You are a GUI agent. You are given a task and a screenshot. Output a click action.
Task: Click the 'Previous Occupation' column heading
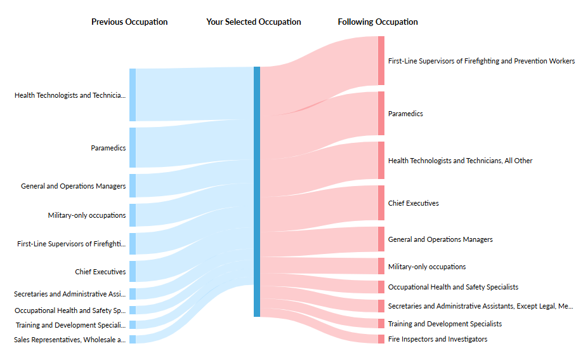pyautogui.click(x=129, y=22)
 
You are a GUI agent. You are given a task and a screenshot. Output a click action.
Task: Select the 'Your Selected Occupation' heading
pyautogui.click(x=254, y=22)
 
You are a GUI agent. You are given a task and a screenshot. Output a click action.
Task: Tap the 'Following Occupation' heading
pyautogui.click(x=377, y=22)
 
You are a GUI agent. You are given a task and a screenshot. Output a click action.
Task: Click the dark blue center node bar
pyautogui.click(x=257, y=191)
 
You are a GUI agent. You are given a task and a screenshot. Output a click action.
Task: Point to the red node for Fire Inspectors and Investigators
pyautogui.click(x=381, y=339)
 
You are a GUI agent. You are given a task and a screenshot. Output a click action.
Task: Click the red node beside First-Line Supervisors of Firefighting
pyautogui.click(x=381, y=60)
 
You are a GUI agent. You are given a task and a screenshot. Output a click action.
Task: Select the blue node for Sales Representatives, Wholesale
pyautogui.click(x=133, y=340)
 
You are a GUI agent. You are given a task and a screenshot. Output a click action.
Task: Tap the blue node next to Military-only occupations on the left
pyautogui.click(x=133, y=215)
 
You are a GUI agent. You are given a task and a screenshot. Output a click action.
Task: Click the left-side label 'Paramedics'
pyautogui.click(x=108, y=148)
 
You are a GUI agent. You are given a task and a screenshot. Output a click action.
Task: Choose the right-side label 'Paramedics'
pyautogui.click(x=405, y=114)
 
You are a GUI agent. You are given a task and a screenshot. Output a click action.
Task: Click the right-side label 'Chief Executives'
pyautogui.click(x=413, y=203)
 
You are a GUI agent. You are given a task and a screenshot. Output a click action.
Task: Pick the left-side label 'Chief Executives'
pyautogui.click(x=100, y=272)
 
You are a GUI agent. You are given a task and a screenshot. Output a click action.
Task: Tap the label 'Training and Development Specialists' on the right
pyautogui.click(x=445, y=324)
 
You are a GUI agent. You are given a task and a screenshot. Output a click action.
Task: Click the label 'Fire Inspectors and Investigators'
pyautogui.click(x=438, y=339)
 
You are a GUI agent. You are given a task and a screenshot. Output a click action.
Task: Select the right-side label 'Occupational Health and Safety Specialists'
pyautogui.click(x=453, y=287)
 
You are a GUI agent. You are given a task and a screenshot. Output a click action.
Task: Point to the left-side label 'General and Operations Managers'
pyautogui.click(x=73, y=186)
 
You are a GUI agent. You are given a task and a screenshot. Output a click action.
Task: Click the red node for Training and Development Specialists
pyautogui.click(x=381, y=324)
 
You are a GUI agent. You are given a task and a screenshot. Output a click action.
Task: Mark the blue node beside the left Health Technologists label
pyautogui.click(x=133, y=95)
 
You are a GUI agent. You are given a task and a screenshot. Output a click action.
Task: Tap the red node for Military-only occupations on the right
pyautogui.click(x=381, y=266)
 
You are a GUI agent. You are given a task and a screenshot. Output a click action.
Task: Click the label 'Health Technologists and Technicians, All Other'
pyautogui.click(x=460, y=161)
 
